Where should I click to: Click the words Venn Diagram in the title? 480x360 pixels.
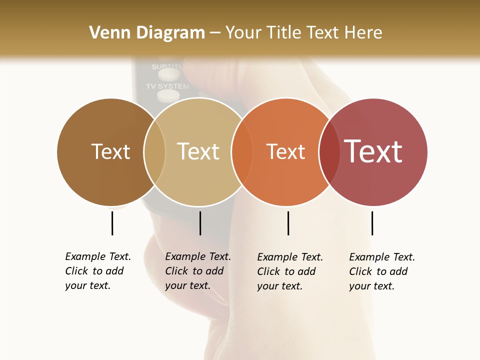coord(147,33)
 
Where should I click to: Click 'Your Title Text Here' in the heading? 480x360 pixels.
coord(303,33)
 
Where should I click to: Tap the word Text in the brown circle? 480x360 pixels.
coord(110,151)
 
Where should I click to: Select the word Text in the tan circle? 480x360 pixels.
coord(198,151)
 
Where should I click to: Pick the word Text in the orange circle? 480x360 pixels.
coord(285,151)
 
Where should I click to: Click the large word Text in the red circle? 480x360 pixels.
coord(373,151)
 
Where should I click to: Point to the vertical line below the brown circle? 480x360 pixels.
coord(112,223)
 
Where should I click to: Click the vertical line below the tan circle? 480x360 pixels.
coord(200,223)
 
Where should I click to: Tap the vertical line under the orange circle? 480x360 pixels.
coord(288,223)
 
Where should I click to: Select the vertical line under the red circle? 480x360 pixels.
coord(372,223)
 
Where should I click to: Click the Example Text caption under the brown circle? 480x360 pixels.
coord(98,271)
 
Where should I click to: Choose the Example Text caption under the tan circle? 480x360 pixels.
coord(198,271)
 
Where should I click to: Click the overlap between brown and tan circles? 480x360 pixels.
coord(154,152)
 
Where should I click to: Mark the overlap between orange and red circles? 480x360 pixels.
coord(329,152)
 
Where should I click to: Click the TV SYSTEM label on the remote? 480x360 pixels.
coord(167,86)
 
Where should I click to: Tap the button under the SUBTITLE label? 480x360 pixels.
coord(169,74)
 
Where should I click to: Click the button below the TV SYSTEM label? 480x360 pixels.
coord(168,95)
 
